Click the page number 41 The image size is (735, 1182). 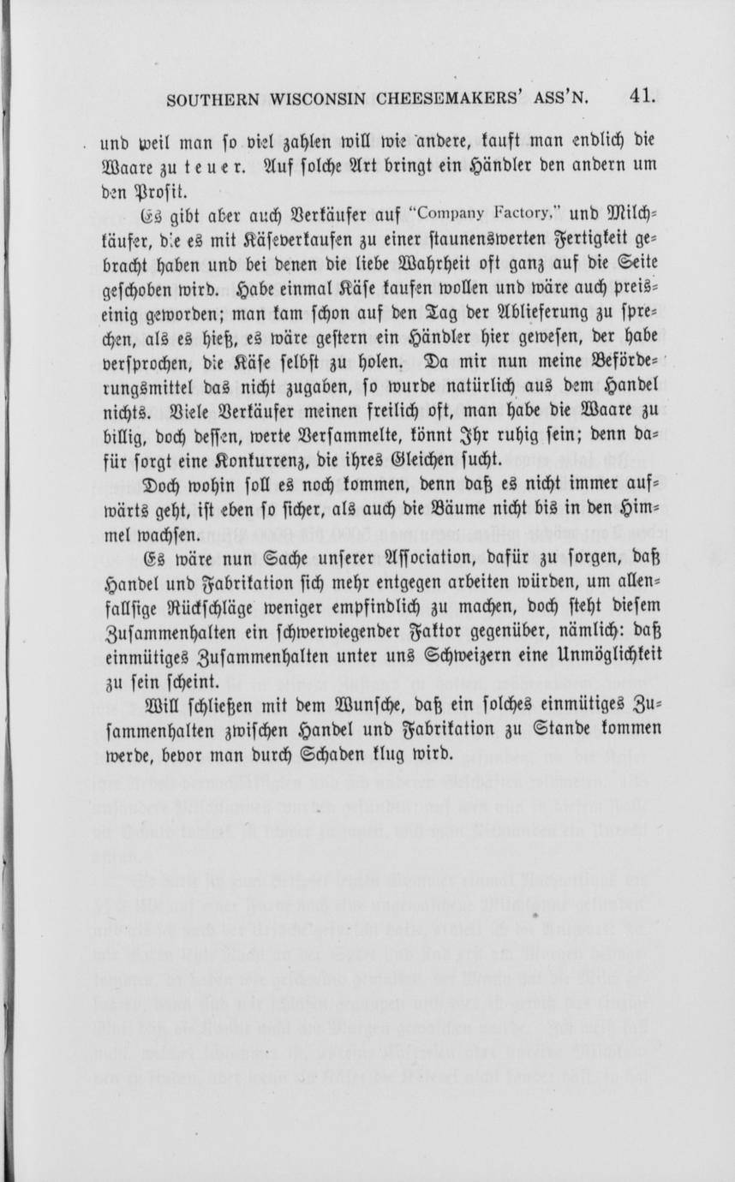point(641,95)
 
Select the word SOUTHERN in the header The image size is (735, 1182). point(214,98)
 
